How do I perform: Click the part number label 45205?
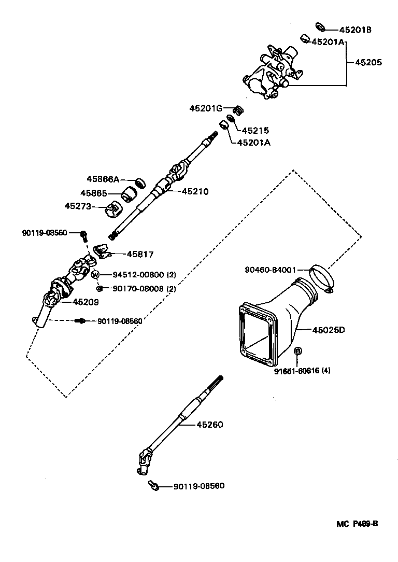click(x=368, y=62)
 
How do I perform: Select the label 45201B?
click(x=356, y=30)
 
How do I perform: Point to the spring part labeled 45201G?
click(x=239, y=110)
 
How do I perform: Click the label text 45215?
click(x=256, y=131)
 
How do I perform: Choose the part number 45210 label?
click(x=195, y=191)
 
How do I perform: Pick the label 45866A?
click(x=103, y=179)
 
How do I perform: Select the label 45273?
click(x=78, y=206)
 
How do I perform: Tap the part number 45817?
click(x=140, y=254)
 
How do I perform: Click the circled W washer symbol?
click(x=95, y=274)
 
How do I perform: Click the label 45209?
click(x=86, y=302)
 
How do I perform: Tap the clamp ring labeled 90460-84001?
click(x=322, y=277)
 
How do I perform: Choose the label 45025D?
click(x=328, y=329)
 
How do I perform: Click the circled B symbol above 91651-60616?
click(x=298, y=352)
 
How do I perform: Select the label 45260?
click(x=209, y=425)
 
